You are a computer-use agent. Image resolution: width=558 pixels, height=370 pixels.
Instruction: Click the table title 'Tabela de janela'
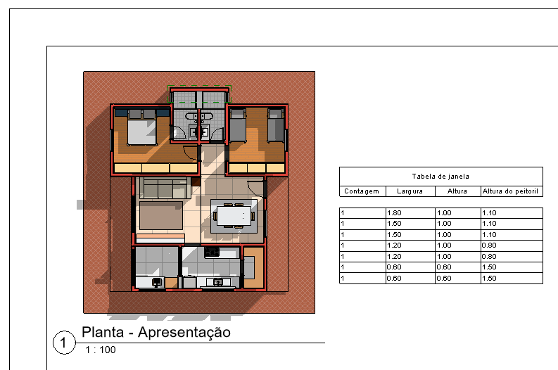pyautogui.click(x=440, y=177)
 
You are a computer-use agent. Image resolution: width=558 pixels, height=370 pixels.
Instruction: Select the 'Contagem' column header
pyautogui.click(x=362, y=191)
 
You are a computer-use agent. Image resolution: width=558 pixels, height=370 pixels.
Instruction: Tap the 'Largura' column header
pyautogui.click(x=410, y=191)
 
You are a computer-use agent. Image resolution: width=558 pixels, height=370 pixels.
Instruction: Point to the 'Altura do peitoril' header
pyautogui.click(x=511, y=191)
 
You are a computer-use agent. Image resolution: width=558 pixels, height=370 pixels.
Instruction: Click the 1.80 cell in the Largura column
pyautogui.click(x=410, y=212)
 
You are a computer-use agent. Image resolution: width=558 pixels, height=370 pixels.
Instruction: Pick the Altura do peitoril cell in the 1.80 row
pyautogui.click(x=511, y=212)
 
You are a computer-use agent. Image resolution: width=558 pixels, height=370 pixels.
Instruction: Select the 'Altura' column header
pyautogui.click(x=457, y=191)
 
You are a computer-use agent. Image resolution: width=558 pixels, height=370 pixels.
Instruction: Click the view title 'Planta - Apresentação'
pyautogui.click(x=156, y=332)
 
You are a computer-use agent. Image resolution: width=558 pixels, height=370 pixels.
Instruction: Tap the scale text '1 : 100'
pyautogui.click(x=101, y=350)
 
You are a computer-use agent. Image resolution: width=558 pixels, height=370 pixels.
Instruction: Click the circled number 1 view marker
pyautogui.click(x=63, y=343)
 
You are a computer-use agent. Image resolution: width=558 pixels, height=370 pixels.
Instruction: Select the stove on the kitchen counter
pyautogui.click(x=212, y=252)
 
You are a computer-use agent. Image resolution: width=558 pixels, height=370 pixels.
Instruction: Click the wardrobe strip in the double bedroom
pyautogui.click(x=156, y=168)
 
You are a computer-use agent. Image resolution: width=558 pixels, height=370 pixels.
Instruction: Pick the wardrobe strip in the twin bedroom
pyautogui.click(x=256, y=168)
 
